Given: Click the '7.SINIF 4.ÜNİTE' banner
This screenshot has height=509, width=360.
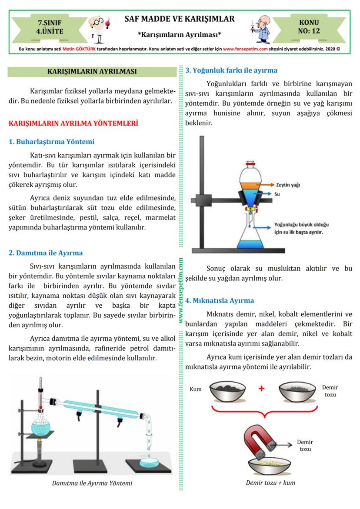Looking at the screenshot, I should click(x=50, y=27).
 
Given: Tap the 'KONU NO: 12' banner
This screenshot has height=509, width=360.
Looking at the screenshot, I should click(x=309, y=27).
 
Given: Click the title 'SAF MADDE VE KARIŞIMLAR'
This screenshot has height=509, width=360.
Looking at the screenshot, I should click(x=180, y=19).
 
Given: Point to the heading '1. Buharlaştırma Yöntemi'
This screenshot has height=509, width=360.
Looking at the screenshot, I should click(x=51, y=142).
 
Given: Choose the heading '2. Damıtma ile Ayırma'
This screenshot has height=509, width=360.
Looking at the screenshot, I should click(x=46, y=253).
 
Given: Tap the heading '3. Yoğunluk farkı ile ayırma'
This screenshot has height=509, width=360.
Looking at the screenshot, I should click(x=231, y=70).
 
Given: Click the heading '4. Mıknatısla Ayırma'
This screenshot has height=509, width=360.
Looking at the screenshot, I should click(x=220, y=300).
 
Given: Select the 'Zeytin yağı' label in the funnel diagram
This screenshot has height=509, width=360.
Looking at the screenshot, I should click(x=288, y=184).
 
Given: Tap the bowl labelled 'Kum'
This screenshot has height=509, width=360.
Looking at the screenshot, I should click(x=227, y=390).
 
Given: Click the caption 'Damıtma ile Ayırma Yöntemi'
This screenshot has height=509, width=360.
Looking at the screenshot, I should click(x=92, y=483).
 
